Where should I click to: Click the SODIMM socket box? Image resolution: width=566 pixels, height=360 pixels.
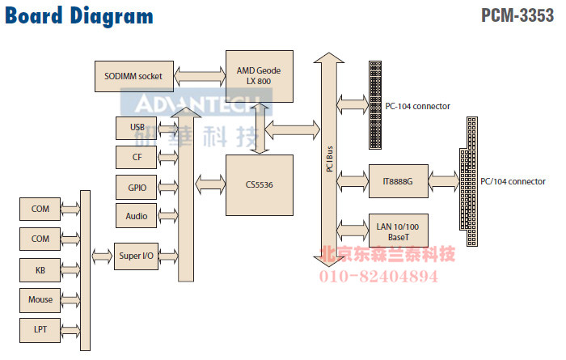tap(133, 76)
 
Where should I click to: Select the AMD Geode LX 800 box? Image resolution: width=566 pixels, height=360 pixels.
tap(259, 76)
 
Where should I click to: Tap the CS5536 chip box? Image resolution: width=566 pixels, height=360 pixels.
tap(259, 185)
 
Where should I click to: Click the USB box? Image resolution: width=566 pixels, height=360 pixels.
tap(137, 128)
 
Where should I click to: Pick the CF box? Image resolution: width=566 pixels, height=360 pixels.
tap(137, 157)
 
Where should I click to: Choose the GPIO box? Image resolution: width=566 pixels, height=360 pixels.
tap(137, 188)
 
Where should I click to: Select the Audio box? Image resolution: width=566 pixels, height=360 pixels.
tap(137, 216)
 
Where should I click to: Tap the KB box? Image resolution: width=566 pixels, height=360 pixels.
tap(40, 269)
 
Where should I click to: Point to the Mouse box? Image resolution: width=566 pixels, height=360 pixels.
tap(40, 299)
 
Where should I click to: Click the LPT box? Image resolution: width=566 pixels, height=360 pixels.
tap(40, 329)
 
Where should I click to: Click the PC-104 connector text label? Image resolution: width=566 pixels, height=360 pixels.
tap(418, 106)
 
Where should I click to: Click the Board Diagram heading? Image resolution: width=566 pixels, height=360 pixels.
tap(79, 16)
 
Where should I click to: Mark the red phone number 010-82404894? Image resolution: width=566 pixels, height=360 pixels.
tap(381, 277)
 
